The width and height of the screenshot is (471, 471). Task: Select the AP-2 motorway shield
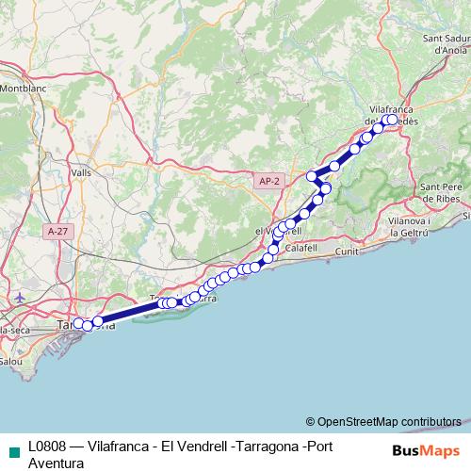point(269,180)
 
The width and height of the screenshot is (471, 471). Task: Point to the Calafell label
point(301,247)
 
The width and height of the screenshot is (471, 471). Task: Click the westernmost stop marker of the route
point(79,324)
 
